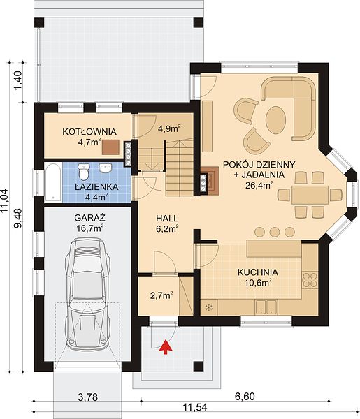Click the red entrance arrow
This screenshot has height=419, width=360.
(x=166, y=347)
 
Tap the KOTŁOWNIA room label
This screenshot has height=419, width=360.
(x=89, y=131)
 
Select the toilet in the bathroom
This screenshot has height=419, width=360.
(x=84, y=172)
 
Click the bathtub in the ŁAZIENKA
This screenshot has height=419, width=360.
(x=53, y=182)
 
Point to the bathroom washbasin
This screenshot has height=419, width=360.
(x=106, y=168)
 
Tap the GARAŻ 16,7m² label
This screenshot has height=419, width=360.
(x=89, y=223)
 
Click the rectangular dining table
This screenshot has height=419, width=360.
(x=310, y=196)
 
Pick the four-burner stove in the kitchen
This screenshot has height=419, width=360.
(x=310, y=279)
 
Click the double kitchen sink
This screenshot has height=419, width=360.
(x=266, y=307)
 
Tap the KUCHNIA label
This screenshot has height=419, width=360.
(x=258, y=272)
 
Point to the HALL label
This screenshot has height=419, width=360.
(x=167, y=219)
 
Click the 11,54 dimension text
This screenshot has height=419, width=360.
(x=195, y=408)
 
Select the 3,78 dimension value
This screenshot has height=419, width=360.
(x=87, y=397)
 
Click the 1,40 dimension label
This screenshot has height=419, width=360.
(x=17, y=81)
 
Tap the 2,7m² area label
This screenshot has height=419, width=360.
(x=161, y=296)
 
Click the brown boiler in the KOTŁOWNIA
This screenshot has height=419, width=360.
(x=110, y=147)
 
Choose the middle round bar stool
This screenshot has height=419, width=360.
(x=275, y=232)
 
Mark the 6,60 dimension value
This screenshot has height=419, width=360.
(x=245, y=397)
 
